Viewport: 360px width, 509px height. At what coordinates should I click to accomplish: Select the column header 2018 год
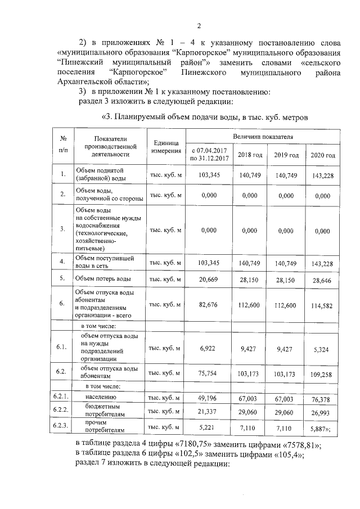tap(250, 155)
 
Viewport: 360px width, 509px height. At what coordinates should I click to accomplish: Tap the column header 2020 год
tap(323, 155)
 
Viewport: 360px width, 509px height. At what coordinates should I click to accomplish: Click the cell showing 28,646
tap(323, 280)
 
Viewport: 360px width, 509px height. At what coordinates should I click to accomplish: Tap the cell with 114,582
tap(323, 305)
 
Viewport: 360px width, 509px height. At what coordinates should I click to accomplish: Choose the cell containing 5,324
tap(323, 349)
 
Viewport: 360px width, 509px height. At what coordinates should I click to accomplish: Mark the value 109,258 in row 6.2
tap(323, 373)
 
